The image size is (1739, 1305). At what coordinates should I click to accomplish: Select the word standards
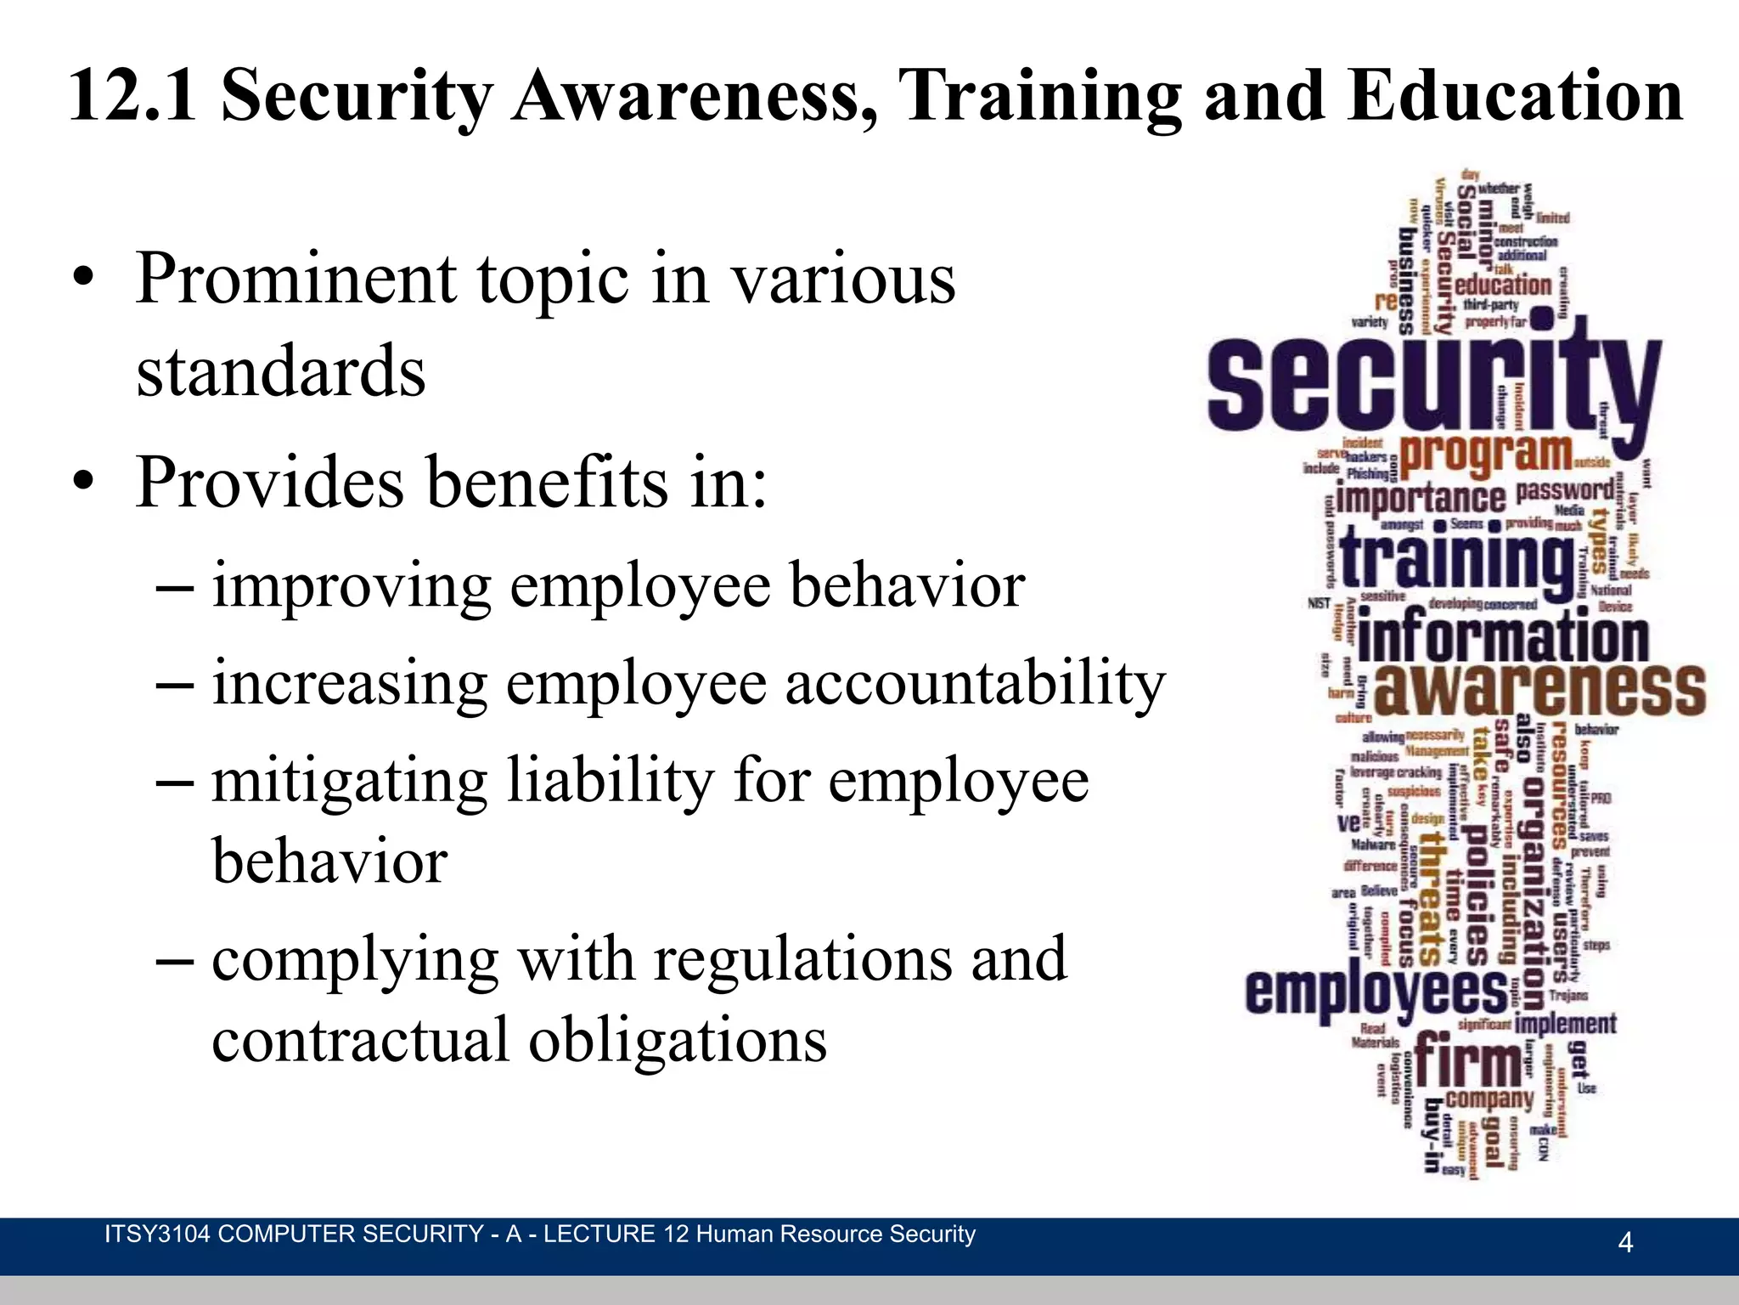click(x=281, y=371)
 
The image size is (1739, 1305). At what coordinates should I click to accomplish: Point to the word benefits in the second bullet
click(x=546, y=483)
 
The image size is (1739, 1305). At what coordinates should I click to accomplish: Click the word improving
click(x=352, y=586)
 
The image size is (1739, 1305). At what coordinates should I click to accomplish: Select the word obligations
click(x=678, y=1040)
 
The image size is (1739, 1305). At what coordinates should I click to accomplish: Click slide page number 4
click(x=1625, y=1243)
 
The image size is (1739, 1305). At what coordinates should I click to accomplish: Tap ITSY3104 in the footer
click(x=156, y=1234)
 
